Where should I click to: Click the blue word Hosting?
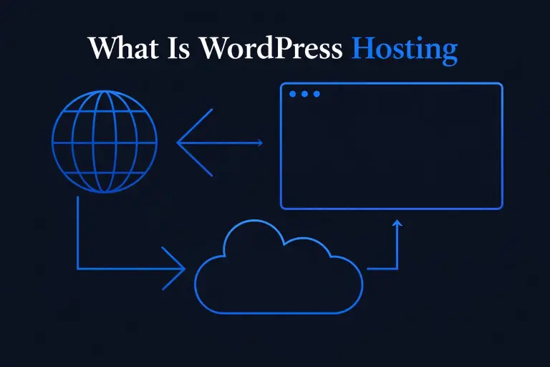[x=405, y=49]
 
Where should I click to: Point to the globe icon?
[x=104, y=142]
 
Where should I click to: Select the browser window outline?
[x=391, y=146]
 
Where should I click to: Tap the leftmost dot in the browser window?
[x=292, y=94]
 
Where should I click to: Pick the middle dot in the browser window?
[x=304, y=94]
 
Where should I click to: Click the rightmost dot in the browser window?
[x=317, y=94]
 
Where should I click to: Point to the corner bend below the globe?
[x=77, y=269]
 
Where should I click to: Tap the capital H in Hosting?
[x=364, y=48]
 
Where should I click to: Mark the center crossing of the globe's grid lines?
[x=104, y=142]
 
